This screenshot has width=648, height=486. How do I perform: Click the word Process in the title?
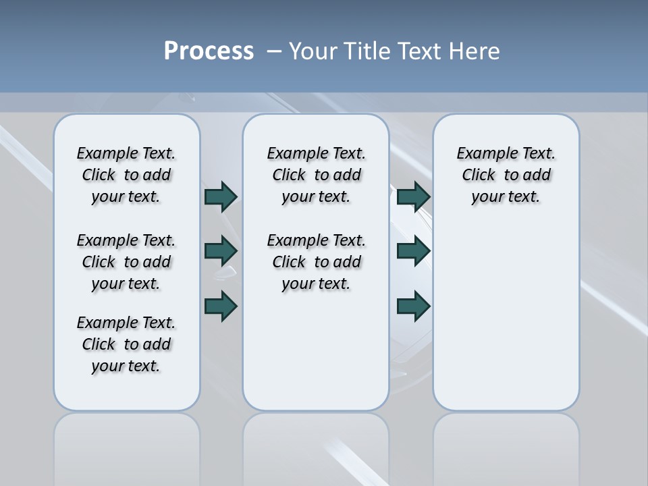tap(209, 51)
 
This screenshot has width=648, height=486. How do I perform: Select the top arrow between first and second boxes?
tap(221, 196)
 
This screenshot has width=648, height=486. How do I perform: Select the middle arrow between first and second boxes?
tap(221, 251)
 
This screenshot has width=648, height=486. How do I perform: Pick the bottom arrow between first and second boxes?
tap(221, 306)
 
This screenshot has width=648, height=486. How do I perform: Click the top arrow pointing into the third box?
tap(413, 196)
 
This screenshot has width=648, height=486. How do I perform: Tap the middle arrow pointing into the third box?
tap(413, 251)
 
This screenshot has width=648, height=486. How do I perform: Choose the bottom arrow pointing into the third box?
tap(413, 306)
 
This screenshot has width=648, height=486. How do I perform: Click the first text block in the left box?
tap(126, 175)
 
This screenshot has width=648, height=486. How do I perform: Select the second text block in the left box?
tap(126, 262)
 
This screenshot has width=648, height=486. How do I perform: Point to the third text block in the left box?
tap(126, 344)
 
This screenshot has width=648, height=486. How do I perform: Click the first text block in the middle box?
tap(316, 175)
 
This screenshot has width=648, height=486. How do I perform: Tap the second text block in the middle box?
tap(316, 262)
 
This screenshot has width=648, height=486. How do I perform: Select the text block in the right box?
tap(506, 175)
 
